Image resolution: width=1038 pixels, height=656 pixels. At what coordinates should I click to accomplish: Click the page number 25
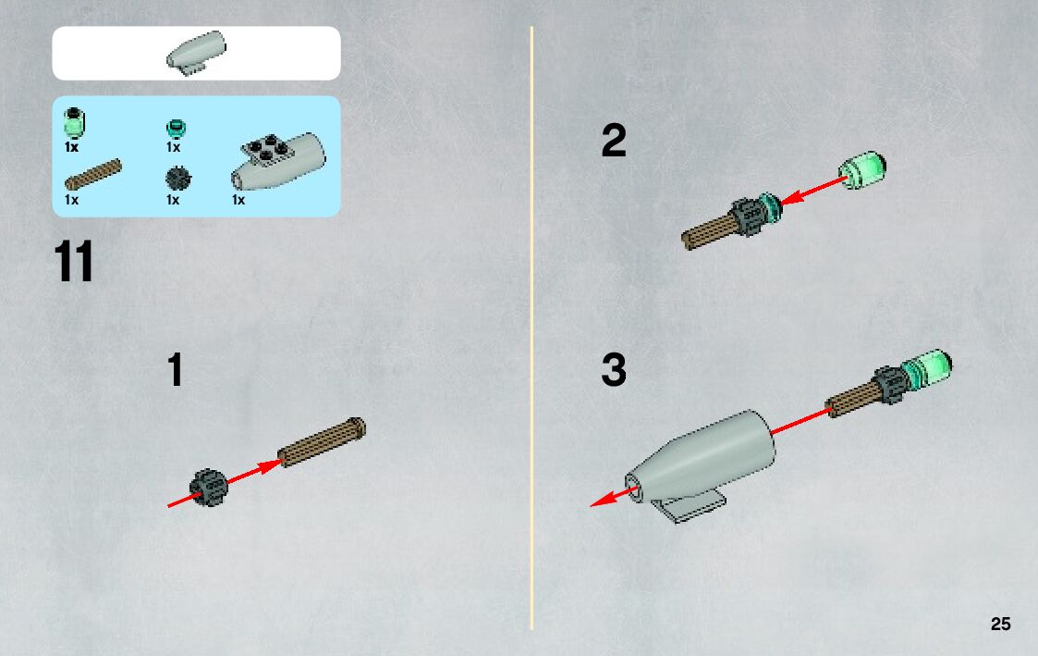tap(1000, 625)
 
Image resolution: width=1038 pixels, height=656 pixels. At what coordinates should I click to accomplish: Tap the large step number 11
tap(74, 263)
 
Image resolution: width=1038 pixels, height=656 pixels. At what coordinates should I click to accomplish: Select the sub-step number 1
tap(175, 372)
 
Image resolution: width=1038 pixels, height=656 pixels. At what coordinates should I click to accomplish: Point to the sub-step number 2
tap(613, 142)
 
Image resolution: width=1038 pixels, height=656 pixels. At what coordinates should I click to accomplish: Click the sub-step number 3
tap(613, 372)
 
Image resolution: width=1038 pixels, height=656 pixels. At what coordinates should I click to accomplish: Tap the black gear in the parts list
tap(177, 179)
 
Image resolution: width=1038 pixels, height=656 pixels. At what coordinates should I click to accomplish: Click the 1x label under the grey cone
tap(238, 200)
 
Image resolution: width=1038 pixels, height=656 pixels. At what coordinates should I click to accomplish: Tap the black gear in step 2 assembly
tap(746, 218)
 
